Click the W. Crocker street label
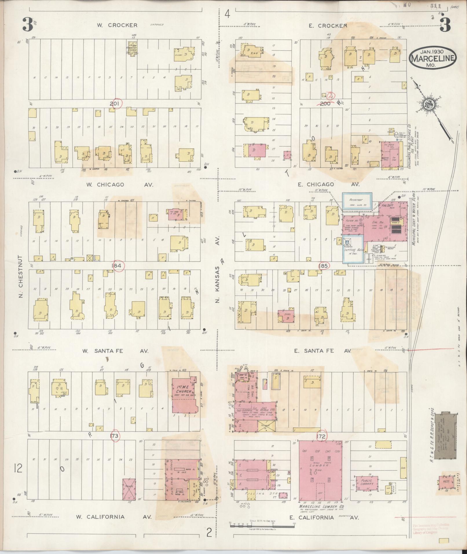click(117, 25)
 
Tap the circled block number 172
click(321, 436)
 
